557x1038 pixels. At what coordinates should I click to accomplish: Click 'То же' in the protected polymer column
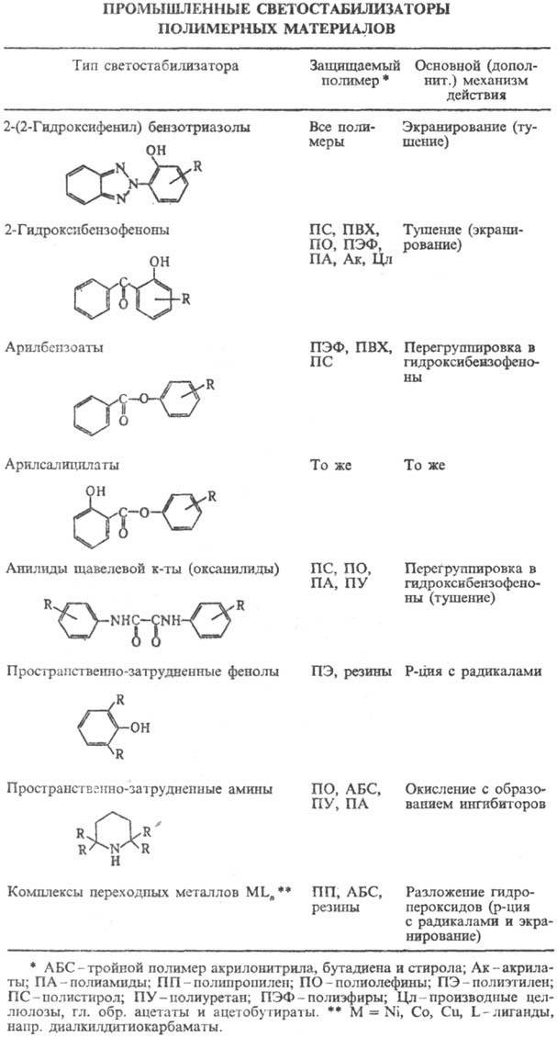(329, 466)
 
